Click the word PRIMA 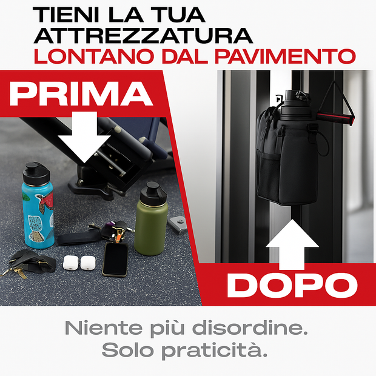[x=81, y=94]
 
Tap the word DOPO [x=292, y=285]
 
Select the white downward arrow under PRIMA [x=84, y=136]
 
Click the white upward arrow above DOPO [x=292, y=244]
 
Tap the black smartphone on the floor [x=115, y=260]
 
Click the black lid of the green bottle [x=153, y=193]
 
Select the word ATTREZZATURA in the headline [x=143, y=36]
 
